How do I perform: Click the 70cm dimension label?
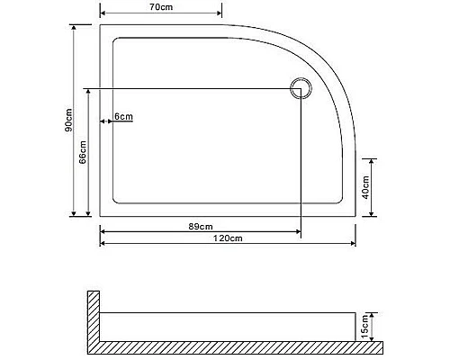pos(160,7)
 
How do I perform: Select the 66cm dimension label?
pos(82,152)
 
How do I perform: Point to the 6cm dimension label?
pos(124,117)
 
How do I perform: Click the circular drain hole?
pos(300,88)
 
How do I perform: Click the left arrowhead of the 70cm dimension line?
pos(103,15)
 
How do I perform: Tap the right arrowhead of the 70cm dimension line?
pos(219,15)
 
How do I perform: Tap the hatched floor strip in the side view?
pos(234,346)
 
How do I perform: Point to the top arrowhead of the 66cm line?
pos(87,91)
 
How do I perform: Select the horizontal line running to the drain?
pos(189,88)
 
